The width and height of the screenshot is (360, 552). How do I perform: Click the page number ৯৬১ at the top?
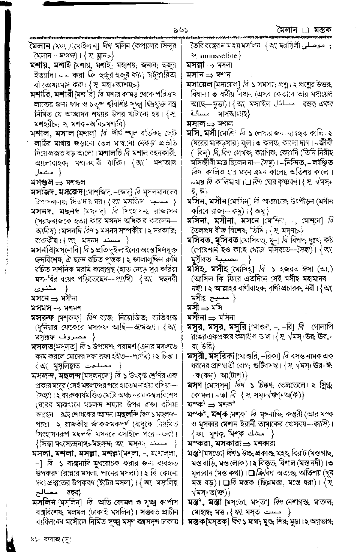[180, 30]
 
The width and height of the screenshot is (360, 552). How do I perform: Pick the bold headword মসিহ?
[196, 269]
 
